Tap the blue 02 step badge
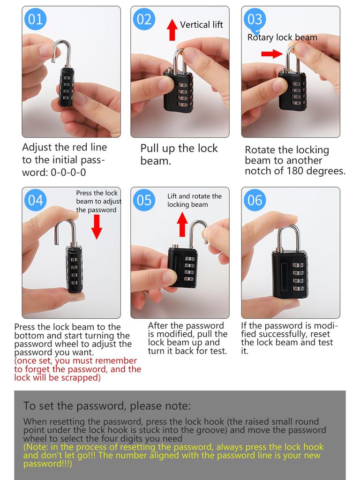click(x=144, y=19)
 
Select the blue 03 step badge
click(x=255, y=19)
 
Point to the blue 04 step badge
click(x=36, y=200)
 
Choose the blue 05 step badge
click(x=144, y=200)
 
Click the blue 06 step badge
click(x=255, y=200)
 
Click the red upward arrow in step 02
click(x=172, y=29)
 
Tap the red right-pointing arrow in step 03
click(x=272, y=54)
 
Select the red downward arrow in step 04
click(x=97, y=227)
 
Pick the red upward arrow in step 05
click(x=183, y=224)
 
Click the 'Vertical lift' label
click(x=201, y=25)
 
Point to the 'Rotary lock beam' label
click(x=282, y=37)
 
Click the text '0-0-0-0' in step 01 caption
click(x=68, y=172)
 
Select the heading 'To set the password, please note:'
click(x=107, y=406)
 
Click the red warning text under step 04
click(x=77, y=369)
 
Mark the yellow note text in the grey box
click(x=173, y=455)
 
